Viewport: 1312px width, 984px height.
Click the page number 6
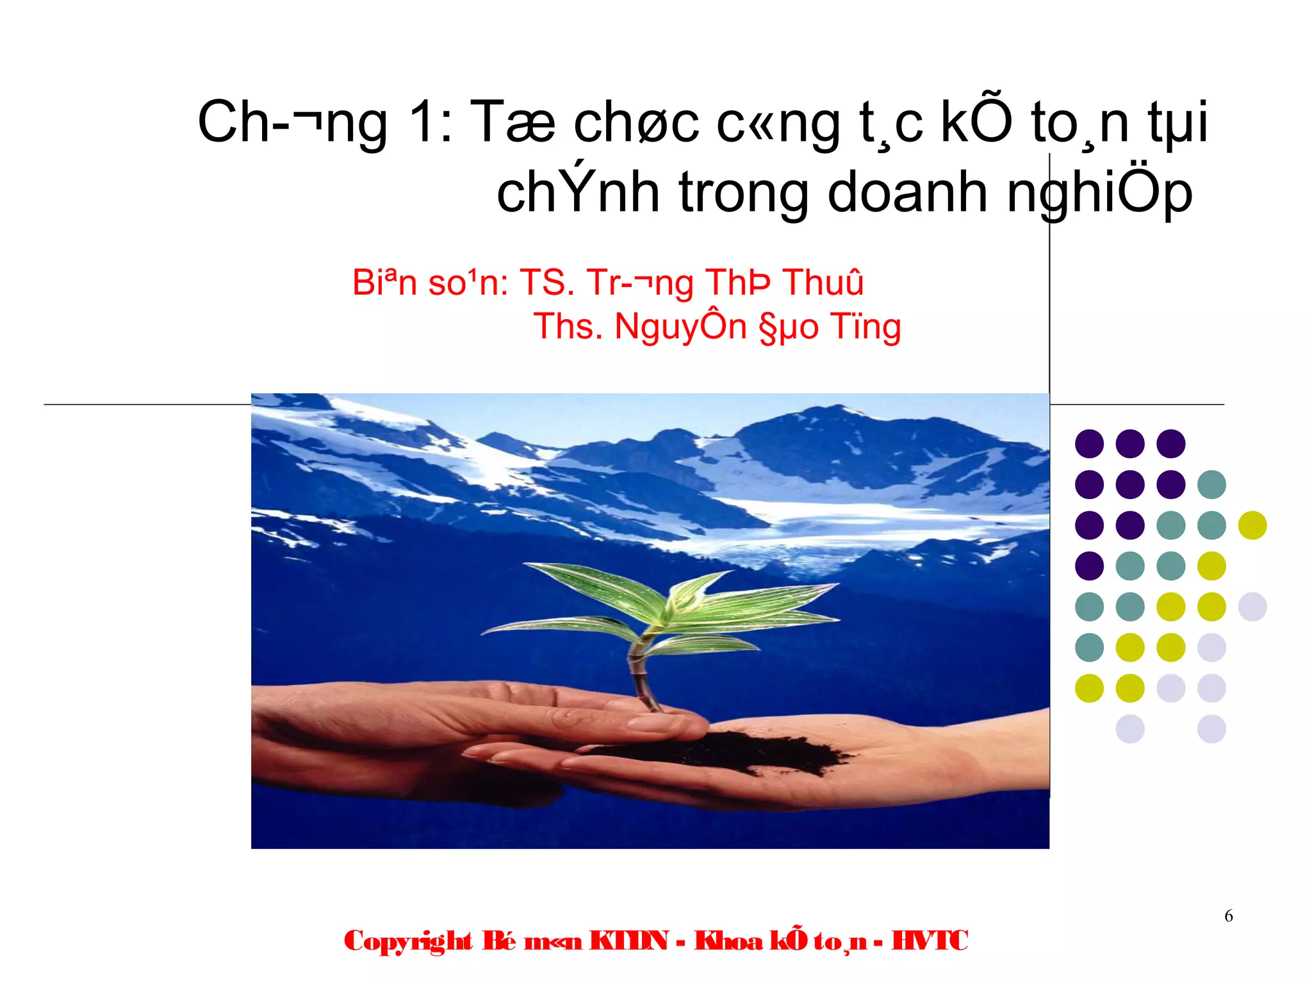coord(1228,916)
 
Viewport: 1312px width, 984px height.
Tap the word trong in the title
coord(744,192)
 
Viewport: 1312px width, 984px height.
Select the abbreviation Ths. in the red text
coord(568,326)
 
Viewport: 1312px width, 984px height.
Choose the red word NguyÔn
coord(680,327)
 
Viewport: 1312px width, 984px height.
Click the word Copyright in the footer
coord(408,941)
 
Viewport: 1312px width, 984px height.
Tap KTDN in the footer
coord(628,941)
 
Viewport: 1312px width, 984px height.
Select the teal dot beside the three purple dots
coord(1211,484)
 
